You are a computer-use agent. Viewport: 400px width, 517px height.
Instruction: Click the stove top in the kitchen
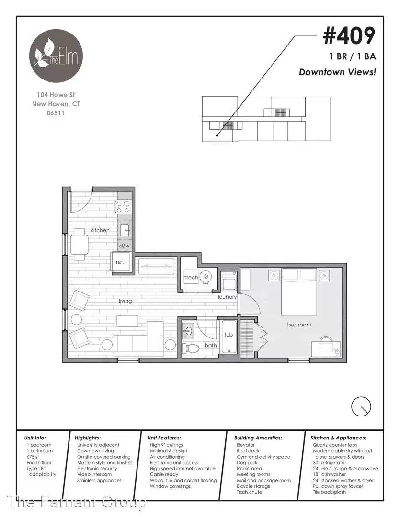click(123, 207)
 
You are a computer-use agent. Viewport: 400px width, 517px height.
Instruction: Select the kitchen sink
click(125, 230)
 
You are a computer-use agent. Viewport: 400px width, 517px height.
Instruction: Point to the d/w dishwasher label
click(125, 246)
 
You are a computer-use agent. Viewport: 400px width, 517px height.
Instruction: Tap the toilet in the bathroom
click(191, 348)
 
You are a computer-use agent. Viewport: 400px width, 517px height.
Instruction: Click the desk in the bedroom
click(326, 349)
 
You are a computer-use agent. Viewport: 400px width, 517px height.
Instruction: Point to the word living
click(126, 301)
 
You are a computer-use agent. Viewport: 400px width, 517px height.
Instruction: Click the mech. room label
click(191, 278)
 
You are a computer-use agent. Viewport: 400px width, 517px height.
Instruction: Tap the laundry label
click(228, 297)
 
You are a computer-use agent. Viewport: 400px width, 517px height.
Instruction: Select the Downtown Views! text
click(337, 72)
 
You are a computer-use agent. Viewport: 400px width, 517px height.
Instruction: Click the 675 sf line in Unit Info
click(33, 457)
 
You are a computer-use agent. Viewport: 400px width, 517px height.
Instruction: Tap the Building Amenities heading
click(258, 438)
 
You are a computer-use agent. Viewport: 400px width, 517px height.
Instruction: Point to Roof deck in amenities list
click(248, 451)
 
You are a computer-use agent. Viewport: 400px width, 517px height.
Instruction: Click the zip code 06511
click(56, 113)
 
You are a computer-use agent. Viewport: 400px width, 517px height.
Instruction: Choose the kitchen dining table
click(79, 244)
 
